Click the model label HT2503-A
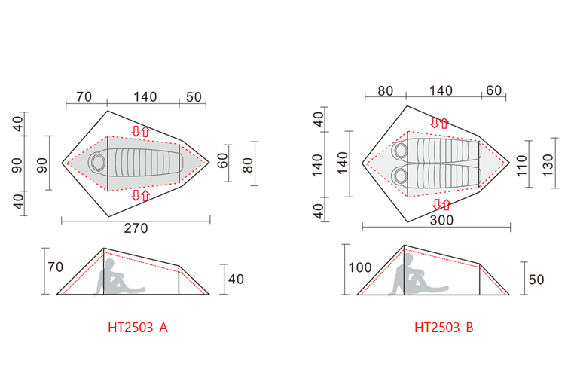[x=138, y=328]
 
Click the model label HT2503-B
[x=444, y=328]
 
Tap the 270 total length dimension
[x=136, y=228]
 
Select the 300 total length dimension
[x=441, y=220]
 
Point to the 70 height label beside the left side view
[x=56, y=267]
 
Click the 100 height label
[x=360, y=267]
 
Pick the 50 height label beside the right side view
[x=536, y=280]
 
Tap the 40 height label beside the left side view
[x=236, y=280]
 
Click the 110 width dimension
[x=521, y=165]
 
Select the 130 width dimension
[x=548, y=165]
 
